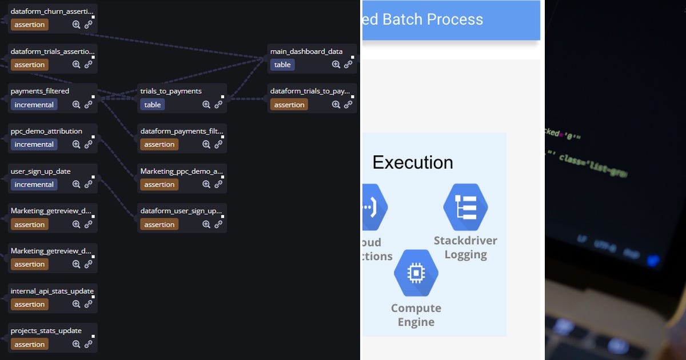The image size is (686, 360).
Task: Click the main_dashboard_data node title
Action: tap(306, 51)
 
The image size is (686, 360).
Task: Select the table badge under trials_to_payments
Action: tap(153, 105)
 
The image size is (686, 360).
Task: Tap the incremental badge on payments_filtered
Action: tap(34, 105)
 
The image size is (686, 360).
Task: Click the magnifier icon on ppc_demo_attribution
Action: tap(76, 145)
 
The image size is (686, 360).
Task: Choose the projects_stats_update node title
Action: tap(46, 331)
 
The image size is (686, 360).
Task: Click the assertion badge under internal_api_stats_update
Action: tap(29, 305)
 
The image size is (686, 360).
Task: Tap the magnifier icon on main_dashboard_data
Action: tap(336, 65)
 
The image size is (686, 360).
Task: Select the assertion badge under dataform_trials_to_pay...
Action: tap(289, 105)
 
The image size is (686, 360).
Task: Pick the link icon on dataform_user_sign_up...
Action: tap(218, 225)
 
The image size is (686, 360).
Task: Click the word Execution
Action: tap(413, 162)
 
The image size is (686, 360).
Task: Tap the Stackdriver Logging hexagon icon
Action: tap(465, 207)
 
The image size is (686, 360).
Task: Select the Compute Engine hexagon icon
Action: tap(416, 273)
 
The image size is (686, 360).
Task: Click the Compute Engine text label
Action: tap(416, 315)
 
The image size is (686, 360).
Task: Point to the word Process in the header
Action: tap(454, 19)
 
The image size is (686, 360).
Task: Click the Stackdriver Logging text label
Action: tap(465, 247)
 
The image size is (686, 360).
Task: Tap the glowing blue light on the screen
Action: tap(652, 260)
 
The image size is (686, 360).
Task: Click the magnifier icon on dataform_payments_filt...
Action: tap(206, 145)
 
